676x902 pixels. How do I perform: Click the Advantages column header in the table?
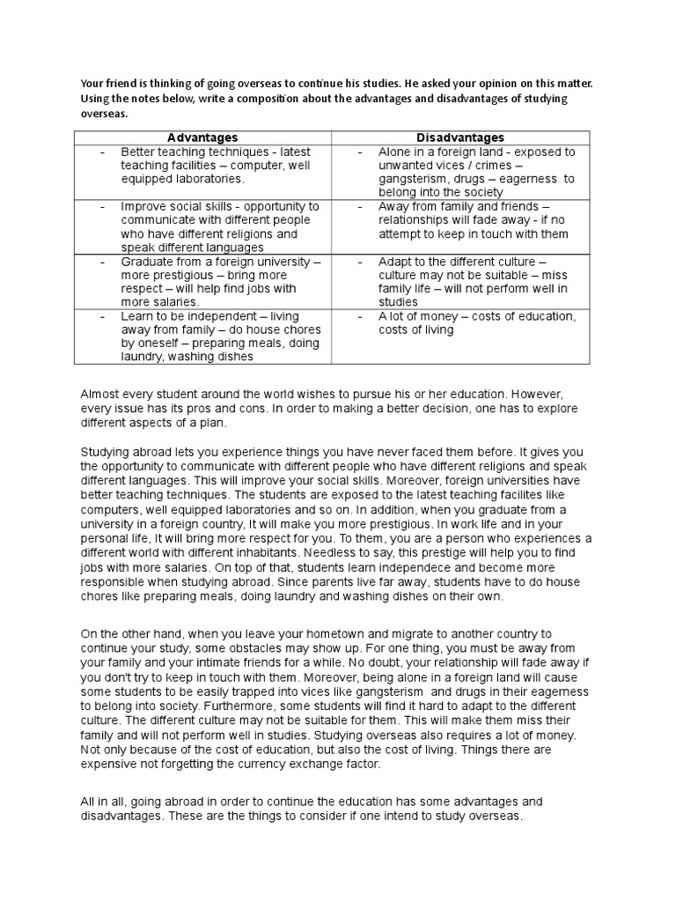[x=202, y=137]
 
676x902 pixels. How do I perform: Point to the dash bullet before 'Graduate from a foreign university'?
[x=103, y=262]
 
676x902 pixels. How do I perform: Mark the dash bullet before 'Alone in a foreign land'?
[x=361, y=152]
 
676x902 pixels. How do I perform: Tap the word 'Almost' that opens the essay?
[x=101, y=393]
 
